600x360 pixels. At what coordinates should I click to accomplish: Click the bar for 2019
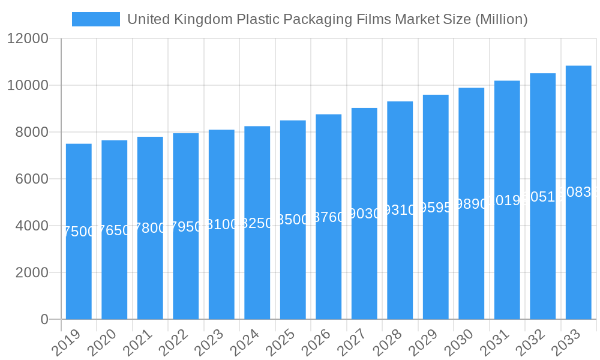(79, 232)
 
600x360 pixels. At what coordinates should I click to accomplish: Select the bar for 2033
(578, 193)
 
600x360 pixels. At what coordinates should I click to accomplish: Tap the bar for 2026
(328, 217)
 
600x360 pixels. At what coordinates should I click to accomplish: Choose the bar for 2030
(471, 203)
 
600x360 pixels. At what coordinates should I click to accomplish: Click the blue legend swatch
(96, 19)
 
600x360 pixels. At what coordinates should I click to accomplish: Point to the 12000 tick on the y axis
(28, 39)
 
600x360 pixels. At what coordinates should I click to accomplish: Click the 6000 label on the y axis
(28, 179)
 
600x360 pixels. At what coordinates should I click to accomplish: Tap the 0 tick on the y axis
(44, 319)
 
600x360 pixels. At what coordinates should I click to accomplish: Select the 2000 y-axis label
(28, 272)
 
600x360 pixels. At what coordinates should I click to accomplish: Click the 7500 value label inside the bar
(79, 232)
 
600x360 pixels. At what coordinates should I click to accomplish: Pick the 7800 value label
(150, 228)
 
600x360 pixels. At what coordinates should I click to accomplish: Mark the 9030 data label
(364, 214)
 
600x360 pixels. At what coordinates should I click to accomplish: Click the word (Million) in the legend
(501, 19)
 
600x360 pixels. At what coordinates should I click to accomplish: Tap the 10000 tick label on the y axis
(28, 85)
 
